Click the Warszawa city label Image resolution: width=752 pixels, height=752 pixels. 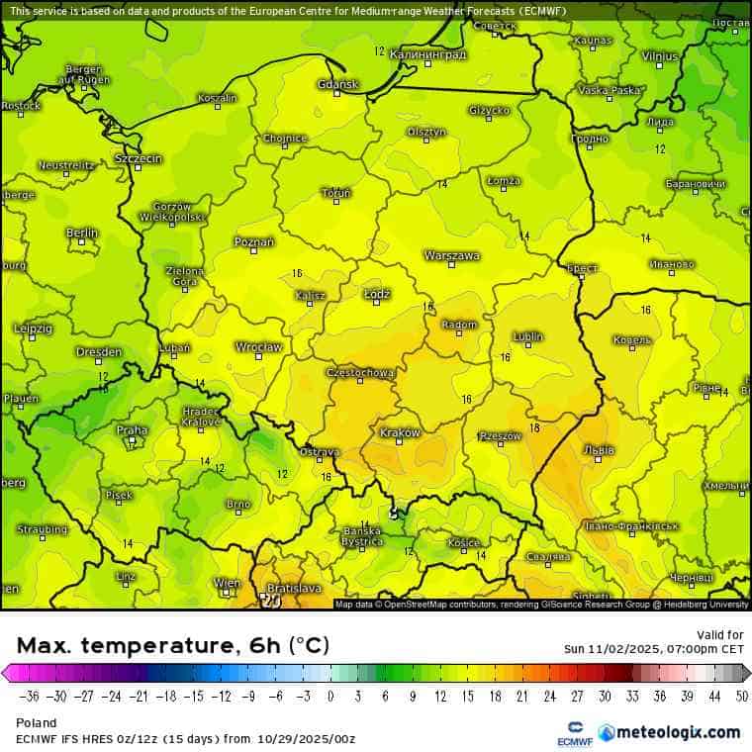452,255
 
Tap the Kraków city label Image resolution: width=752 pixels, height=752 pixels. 401,432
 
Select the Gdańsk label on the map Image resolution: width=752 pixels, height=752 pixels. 337,84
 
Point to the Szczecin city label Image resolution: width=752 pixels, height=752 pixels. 139,158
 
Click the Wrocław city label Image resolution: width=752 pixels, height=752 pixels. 259,347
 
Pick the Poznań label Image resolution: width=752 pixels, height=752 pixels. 254,241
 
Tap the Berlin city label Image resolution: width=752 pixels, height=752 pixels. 82,233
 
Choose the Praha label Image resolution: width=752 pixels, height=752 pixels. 132,430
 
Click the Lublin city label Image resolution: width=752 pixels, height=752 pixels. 528,336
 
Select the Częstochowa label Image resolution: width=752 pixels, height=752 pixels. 360,373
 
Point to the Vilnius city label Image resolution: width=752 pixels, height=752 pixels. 660,56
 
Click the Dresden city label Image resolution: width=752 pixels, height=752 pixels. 99,351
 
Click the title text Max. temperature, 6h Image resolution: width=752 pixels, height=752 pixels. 173,646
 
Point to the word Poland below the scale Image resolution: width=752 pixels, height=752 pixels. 37,722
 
